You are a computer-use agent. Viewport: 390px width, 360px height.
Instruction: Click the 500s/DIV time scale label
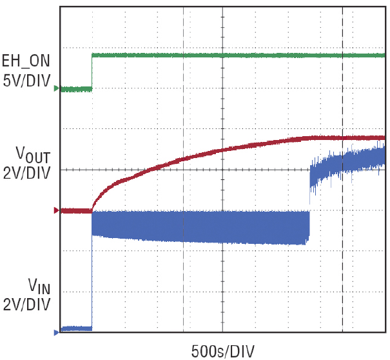click(x=223, y=351)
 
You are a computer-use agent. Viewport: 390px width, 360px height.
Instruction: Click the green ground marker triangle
click(x=57, y=88)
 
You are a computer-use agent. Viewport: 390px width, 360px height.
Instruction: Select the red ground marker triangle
click(x=57, y=210)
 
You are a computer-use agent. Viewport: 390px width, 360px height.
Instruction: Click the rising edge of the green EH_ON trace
click(x=92, y=72)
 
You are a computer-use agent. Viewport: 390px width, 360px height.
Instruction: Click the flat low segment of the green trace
click(x=76, y=89)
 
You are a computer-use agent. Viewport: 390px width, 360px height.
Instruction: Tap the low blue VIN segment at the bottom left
click(x=76, y=328)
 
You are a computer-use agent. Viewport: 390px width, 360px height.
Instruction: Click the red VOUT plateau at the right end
click(x=361, y=137)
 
